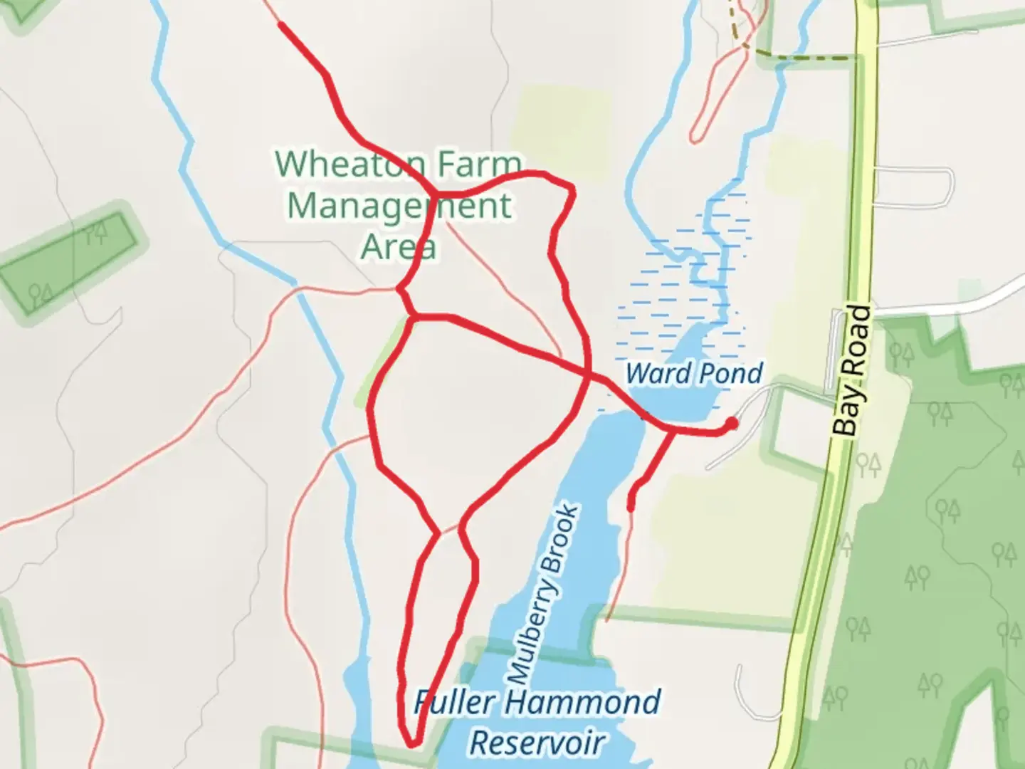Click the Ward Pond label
pyautogui.click(x=694, y=372)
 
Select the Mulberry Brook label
pyautogui.click(x=544, y=592)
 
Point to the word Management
pyautogui.click(x=399, y=205)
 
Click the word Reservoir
pyautogui.click(x=537, y=742)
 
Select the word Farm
pyautogui.click(x=479, y=164)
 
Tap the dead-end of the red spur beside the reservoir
pyautogui.click(x=631, y=507)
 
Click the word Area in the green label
pyautogui.click(x=398, y=246)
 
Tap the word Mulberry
pyautogui.click(x=530, y=637)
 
